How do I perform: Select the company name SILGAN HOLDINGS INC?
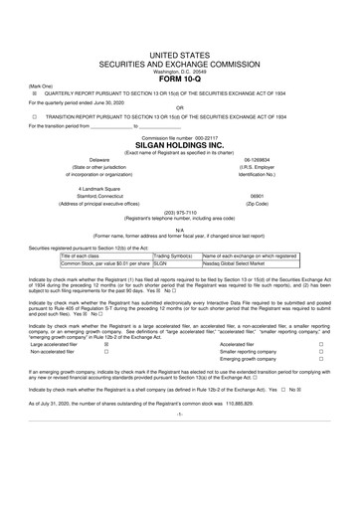pos(180,145)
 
